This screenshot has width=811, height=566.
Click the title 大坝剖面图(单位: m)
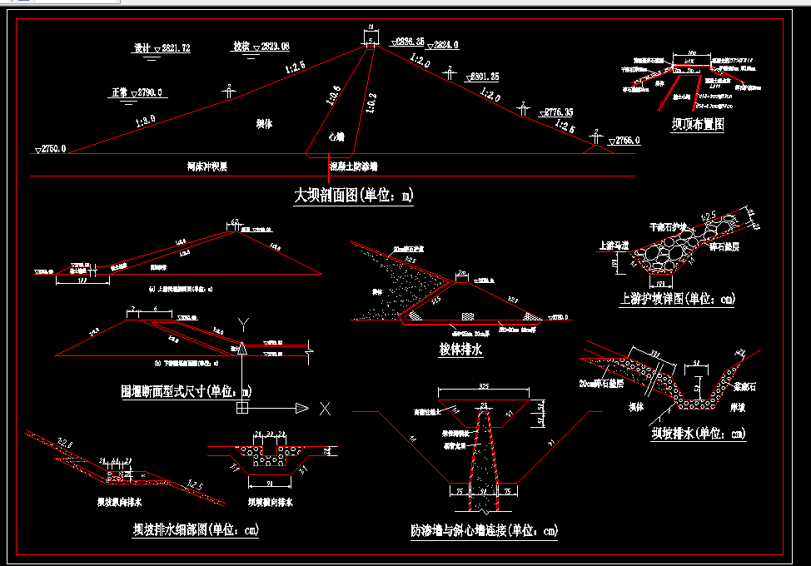coord(354,196)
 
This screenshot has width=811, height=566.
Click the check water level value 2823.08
coord(274,46)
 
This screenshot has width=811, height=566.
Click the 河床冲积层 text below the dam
coord(207,166)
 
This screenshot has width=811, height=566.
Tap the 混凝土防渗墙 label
coord(353,166)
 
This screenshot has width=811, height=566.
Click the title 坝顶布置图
coord(698,125)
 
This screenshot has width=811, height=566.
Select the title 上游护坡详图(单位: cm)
coord(678,298)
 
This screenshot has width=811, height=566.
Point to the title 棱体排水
coord(460,350)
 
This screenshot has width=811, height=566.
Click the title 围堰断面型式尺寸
coord(187,390)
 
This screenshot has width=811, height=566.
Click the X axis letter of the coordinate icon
coord(326,408)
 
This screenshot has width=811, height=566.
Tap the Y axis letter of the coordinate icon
coord(242,322)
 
